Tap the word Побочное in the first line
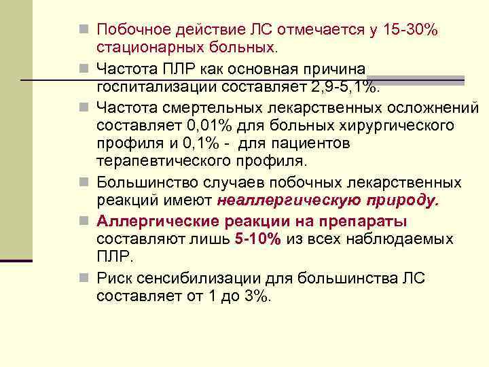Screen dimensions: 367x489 132,30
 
